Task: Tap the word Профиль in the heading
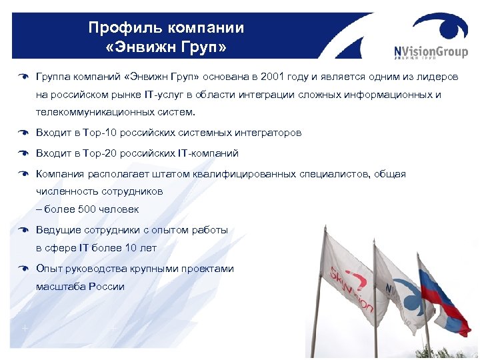(120, 28)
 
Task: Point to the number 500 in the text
(85, 209)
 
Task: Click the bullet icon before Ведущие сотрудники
(23, 230)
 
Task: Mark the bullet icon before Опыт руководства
(23, 269)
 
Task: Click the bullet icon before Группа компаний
(23, 77)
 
